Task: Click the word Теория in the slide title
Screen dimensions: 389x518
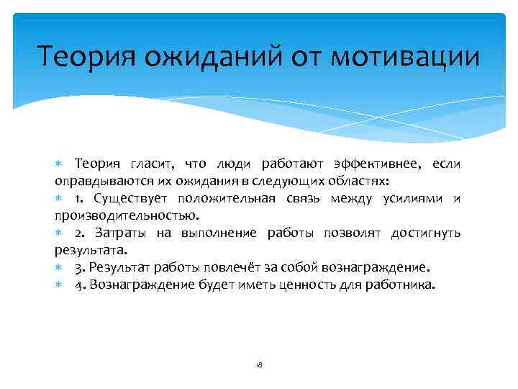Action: point(83,56)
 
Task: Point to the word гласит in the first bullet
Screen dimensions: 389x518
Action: point(153,164)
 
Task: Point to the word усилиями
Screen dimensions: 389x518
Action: point(410,198)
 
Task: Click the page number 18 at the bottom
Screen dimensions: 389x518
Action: point(259,365)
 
